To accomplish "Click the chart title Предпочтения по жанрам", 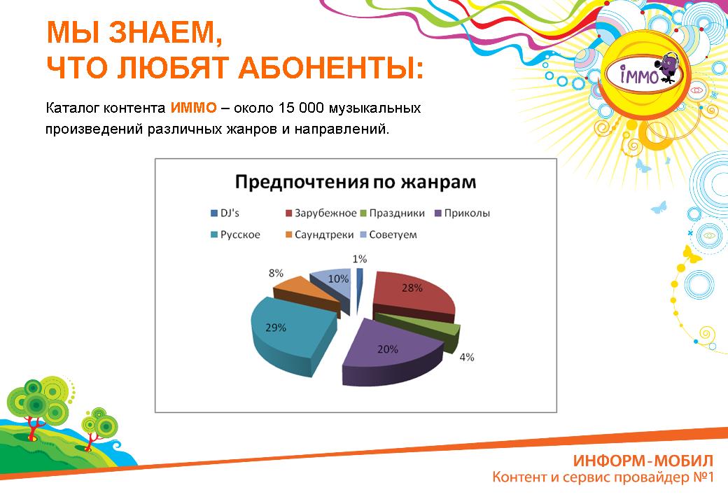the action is pyautogui.click(x=356, y=182).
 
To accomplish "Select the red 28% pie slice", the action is pyautogui.click(x=411, y=295).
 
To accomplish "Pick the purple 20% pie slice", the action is pyautogui.click(x=390, y=351).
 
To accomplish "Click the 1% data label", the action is pyautogui.click(x=360, y=258).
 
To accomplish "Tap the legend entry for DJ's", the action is pyautogui.click(x=225, y=213).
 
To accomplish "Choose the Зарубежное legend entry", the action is pyautogui.click(x=321, y=213).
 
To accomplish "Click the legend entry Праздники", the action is pyautogui.click(x=392, y=213).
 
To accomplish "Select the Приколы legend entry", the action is pyautogui.click(x=463, y=213).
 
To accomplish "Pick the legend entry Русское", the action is pyautogui.click(x=235, y=234).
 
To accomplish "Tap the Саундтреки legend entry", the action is pyautogui.click(x=319, y=234).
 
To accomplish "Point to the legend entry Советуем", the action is pyautogui.click(x=388, y=234).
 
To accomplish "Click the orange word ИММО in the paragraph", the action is pyautogui.click(x=194, y=108).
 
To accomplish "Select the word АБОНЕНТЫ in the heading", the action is pyautogui.click(x=331, y=67).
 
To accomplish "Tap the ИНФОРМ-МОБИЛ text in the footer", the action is pyautogui.click(x=643, y=461).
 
